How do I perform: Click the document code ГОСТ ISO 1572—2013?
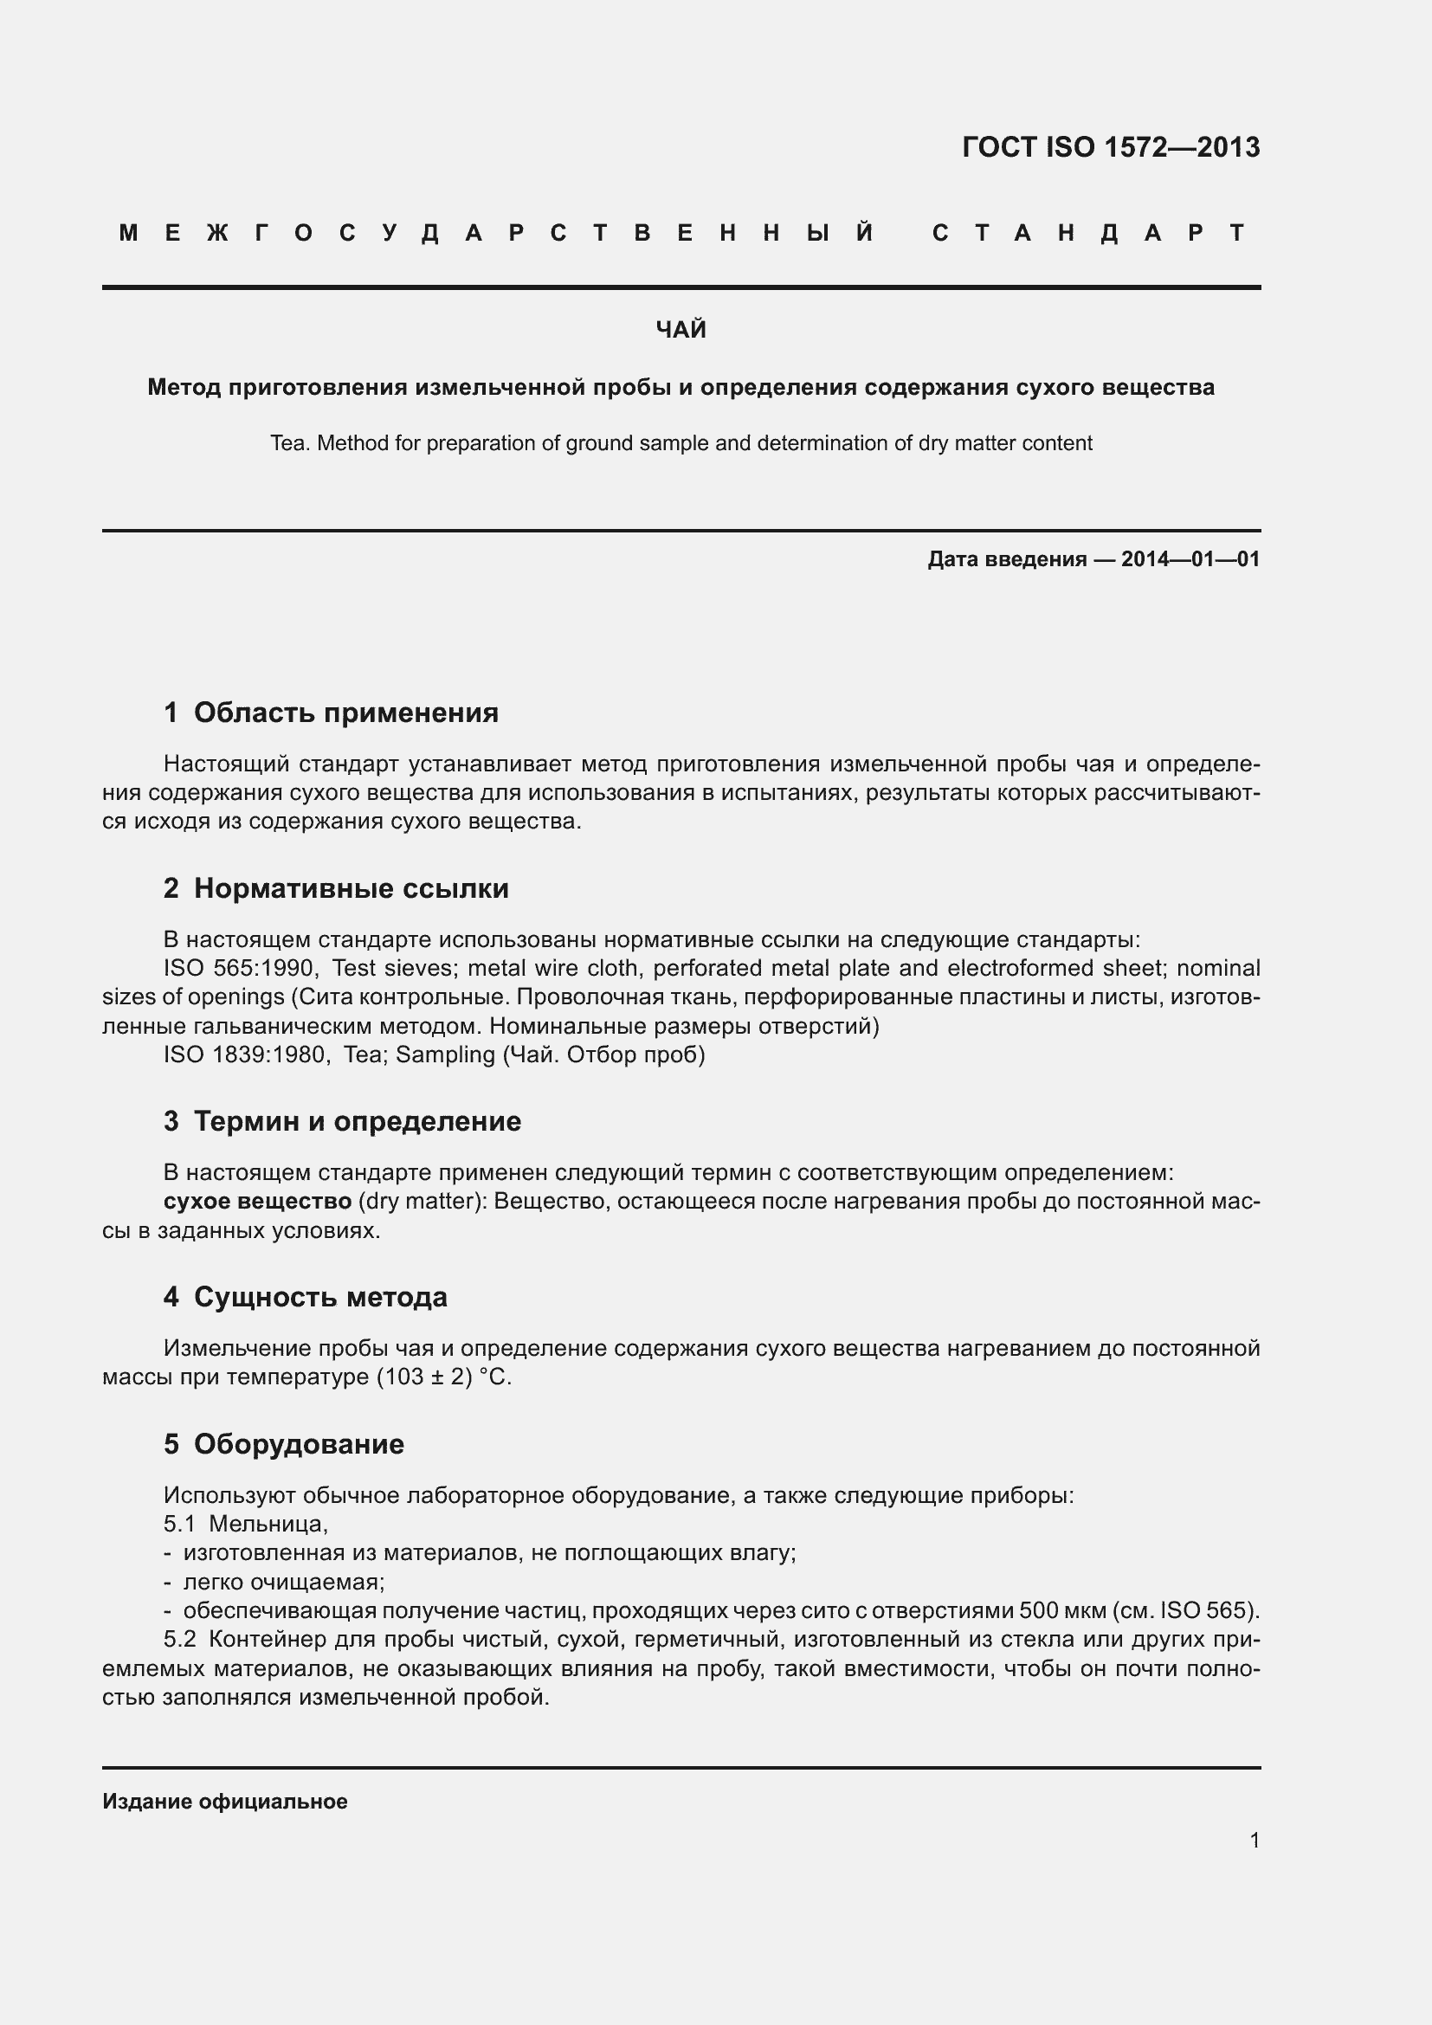(1110, 147)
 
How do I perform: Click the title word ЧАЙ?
(681, 330)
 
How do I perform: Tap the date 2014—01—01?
(1190, 559)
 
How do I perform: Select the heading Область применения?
(345, 713)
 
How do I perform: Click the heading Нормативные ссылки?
(351, 888)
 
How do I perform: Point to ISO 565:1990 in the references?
(240, 969)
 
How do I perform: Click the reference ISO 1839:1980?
(244, 1054)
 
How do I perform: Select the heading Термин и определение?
(357, 1122)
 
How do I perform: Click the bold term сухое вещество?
(257, 1202)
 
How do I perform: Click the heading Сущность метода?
(320, 1298)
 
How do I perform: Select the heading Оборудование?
(299, 1445)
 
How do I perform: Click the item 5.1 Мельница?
(246, 1523)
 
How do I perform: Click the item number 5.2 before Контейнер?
(180, 1640)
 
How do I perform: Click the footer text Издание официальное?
(225, 1802)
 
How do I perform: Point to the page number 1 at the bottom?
(1255, 1841)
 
